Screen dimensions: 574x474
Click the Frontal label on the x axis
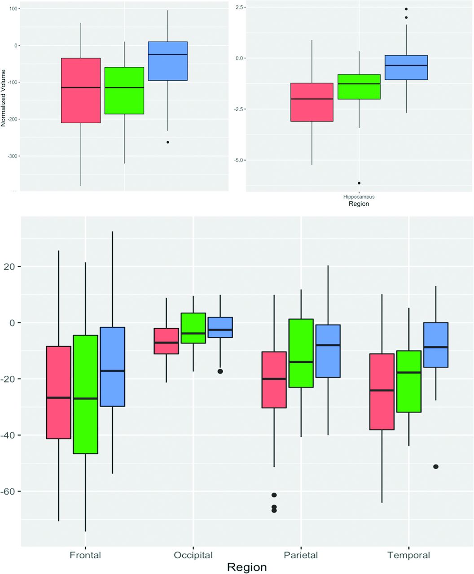pos(85,555)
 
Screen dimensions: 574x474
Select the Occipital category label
pos(193,555)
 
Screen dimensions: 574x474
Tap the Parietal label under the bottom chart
pos(301,555)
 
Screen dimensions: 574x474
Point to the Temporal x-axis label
pos(408,555)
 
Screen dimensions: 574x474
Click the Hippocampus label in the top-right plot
pos(359,197)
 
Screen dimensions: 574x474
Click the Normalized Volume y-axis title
pos(4,97)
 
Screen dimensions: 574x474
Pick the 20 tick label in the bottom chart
pos(10,267)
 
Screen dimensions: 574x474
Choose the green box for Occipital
pos(193,328)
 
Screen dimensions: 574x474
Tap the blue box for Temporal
pos(436,345)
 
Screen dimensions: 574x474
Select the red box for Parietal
pos(274,379)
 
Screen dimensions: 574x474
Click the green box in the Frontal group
pos(85,394)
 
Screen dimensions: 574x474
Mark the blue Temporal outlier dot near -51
pos(436,467)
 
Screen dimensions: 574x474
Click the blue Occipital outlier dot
pos(220,371)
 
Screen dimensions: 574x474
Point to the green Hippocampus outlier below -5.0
pos(359,183)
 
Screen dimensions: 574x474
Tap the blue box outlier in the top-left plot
pos(168,142)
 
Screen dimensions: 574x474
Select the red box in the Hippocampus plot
pos(312,102)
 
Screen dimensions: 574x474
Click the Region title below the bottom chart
pos(247,567)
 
